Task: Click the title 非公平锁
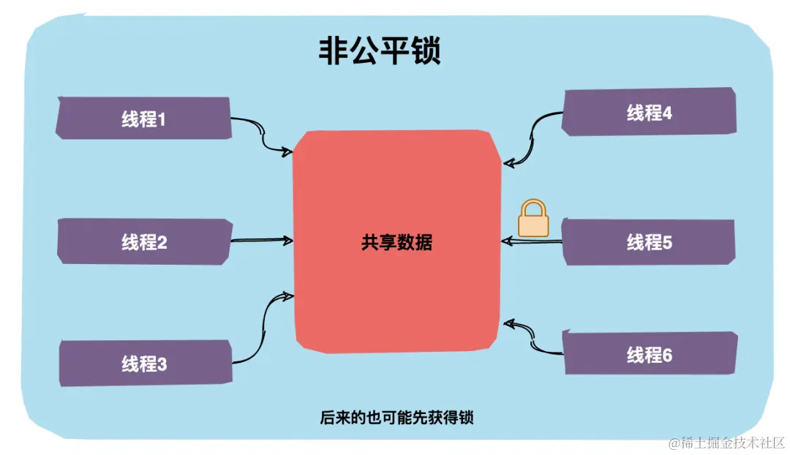[x=379, y=51]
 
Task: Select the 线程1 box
[x=143, y=119]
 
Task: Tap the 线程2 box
[x=144, y=241]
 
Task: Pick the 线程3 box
[x=144, y=363]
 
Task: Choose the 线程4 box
[x=649, y=113]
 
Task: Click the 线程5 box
[x=649, y=242]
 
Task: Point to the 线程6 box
[x=649, y=356]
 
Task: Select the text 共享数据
[x=396, y=242]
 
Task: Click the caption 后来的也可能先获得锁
[x=396, y=418]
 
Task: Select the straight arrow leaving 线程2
[x=262, y=240]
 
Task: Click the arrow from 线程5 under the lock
[x=533, y=241]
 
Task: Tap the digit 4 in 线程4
[x=666, y=113]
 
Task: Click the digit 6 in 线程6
[x=666, y=356]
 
